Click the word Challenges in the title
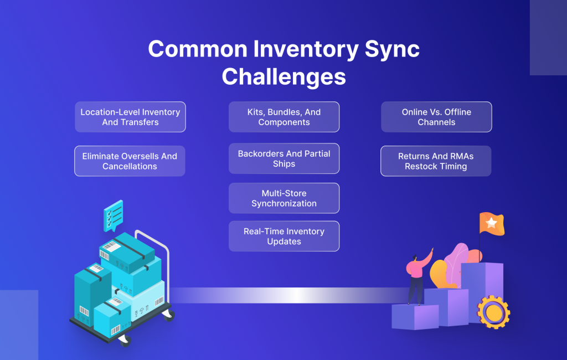(x=283, y=76)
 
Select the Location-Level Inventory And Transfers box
(x=130, y=117)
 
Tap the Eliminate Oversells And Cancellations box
(x=130, y=161)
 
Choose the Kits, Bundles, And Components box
(x=283, y=117)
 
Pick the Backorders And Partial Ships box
(x=283, y=159)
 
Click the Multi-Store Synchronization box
(x=283, y=198)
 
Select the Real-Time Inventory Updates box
(x=283, y=236)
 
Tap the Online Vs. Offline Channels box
(x=436, y=117)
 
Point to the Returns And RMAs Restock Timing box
(x=436, y=161)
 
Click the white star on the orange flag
(x=491, y=222)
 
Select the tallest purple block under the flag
(x=482, y=288)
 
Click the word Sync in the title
(x=393, y=50)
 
